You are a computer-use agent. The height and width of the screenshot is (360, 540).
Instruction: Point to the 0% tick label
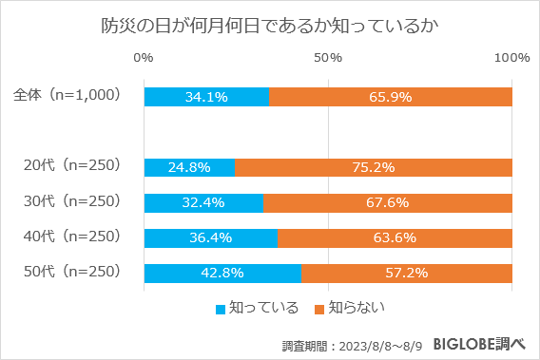coord(145,58)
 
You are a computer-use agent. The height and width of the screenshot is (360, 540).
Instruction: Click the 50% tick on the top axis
coord(328,58)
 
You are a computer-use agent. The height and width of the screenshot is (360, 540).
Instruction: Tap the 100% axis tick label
coord(511,58)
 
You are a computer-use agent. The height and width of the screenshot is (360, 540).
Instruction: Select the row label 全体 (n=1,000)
coord(67,96)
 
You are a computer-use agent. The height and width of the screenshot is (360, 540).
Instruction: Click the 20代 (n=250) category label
coord(71,166)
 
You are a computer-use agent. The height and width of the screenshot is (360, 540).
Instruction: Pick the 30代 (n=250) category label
coord(71,201)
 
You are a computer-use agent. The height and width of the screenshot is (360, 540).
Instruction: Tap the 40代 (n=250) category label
coord(71,237)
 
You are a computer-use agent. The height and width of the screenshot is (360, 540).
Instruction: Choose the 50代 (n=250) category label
coord(71,273)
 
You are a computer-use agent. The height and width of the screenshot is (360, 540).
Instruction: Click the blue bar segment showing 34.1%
coord(206,97)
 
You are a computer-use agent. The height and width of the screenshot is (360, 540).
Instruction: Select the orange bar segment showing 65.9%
coord(391,97)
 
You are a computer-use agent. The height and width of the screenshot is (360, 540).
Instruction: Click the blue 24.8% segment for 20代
coord(189,167)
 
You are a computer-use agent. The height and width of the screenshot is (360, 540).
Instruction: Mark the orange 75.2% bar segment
coord(374,167)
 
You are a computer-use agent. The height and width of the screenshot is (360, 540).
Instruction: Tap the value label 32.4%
coord(203,202)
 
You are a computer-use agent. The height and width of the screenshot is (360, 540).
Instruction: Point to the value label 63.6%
coord(395,237)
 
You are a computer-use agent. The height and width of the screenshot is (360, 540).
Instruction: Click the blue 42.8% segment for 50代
coord(222,274)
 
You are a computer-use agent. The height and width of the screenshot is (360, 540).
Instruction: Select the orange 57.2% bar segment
coord(407,274)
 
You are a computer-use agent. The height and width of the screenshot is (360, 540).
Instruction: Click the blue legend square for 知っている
coord(222,309)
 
